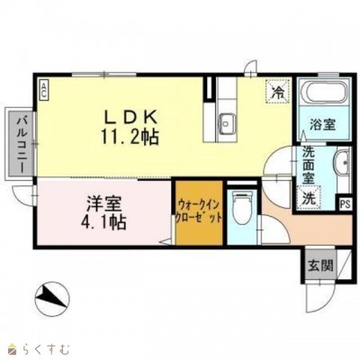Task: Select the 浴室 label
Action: click(x=323, y=124)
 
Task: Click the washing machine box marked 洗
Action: click(x=310, y=197)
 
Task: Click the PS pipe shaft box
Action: click(x=346, y=204)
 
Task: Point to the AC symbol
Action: click(x=43, y=87)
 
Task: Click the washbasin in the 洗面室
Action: click(x=339, y=164)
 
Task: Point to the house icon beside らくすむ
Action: click(x=12, y=346)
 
